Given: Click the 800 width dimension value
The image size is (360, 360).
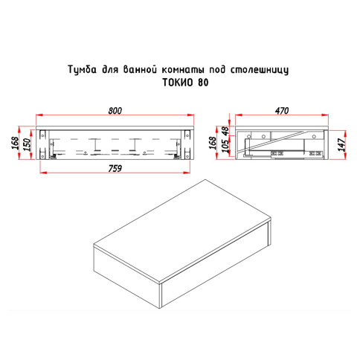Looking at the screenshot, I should pyautogui.click(x=115, y=111).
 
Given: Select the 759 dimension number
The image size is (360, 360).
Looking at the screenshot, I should pyautogui.click(x=115, y=167).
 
